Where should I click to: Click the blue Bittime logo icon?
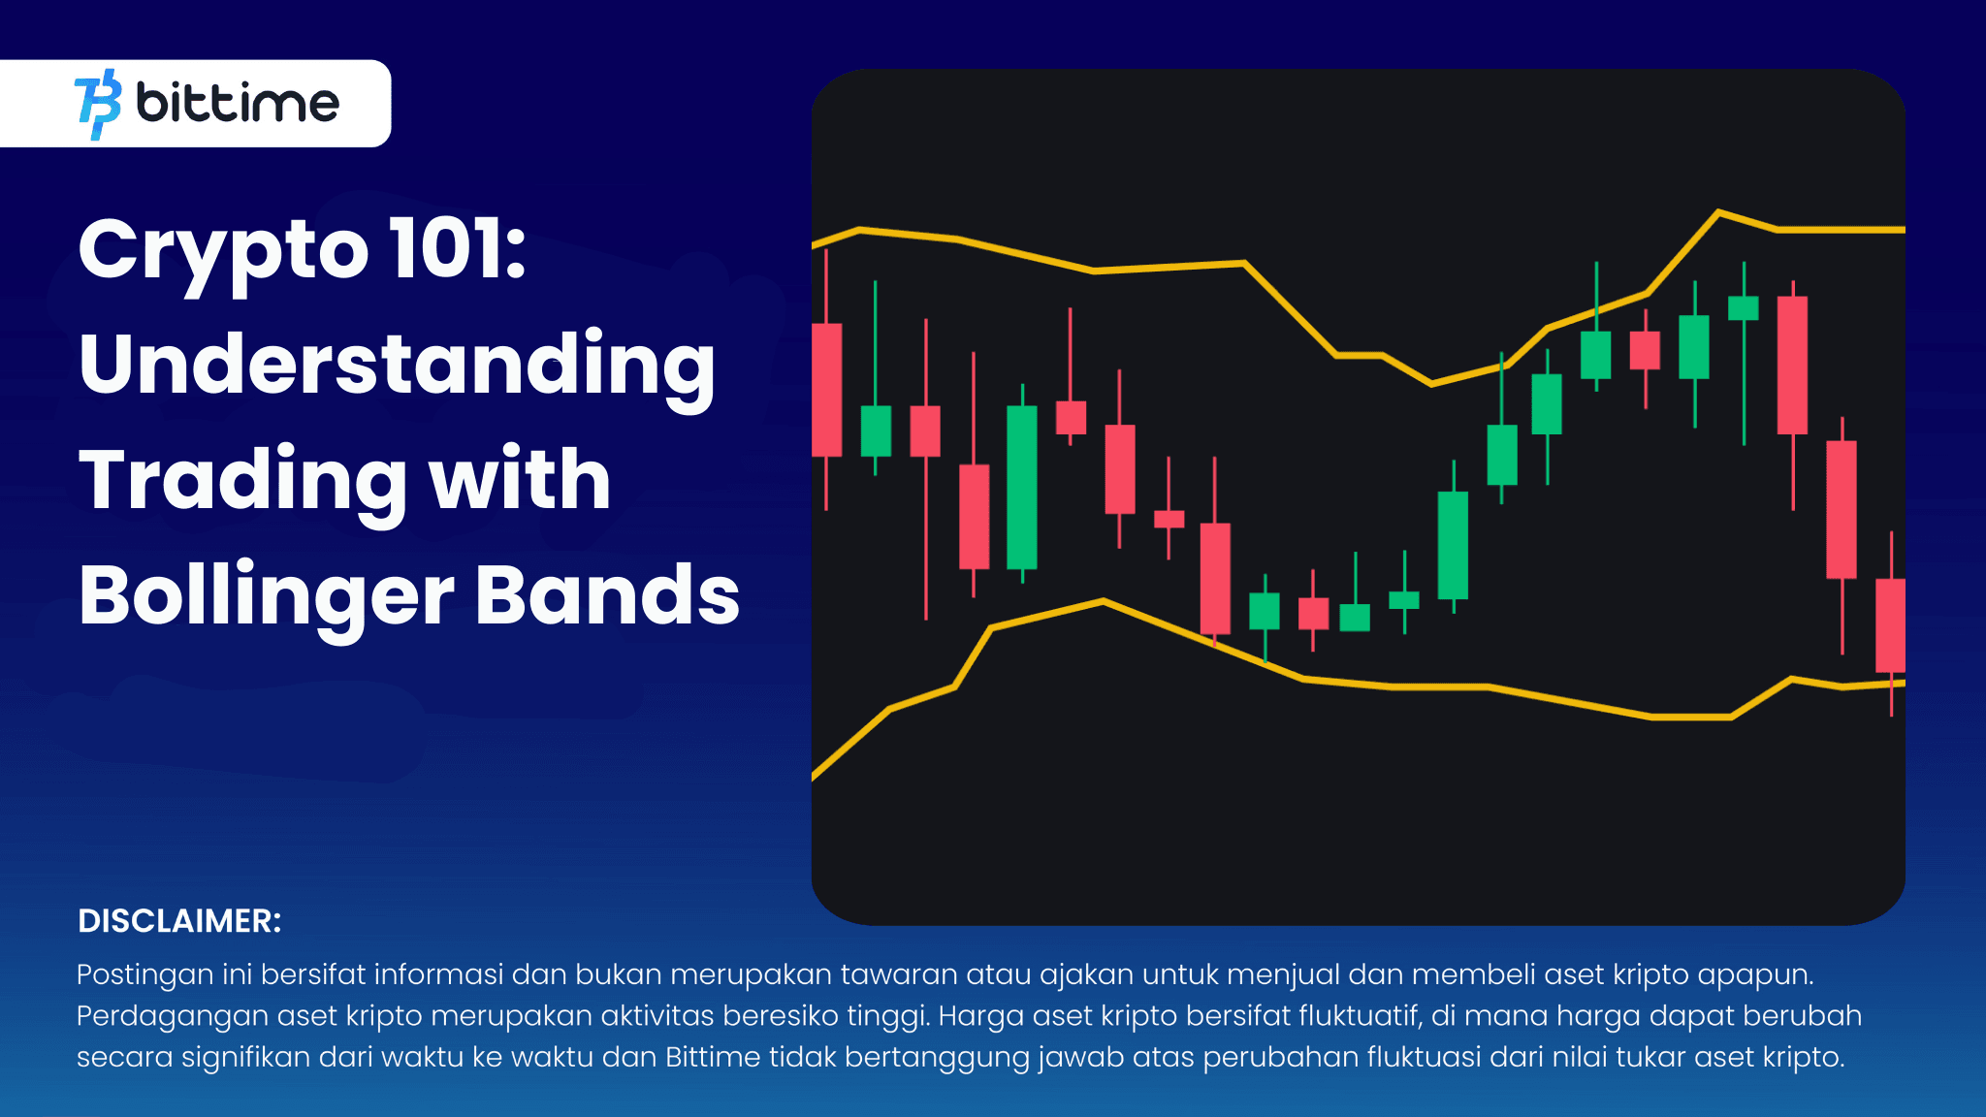tap(98, 104)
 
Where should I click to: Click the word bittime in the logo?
tap(238, 103)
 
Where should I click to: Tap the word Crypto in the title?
tap(223, 250)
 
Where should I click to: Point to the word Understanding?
tap(397, 366)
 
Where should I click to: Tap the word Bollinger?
tap(267, 595)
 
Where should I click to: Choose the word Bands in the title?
tap(608, 595)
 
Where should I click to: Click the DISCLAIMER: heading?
tap(179, 921)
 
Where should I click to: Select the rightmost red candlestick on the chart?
tap(1890, 624)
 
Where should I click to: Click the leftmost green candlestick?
tap(876, 431)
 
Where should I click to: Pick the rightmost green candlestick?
tap(1743, 308)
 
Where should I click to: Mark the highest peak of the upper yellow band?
tap(1718, 211)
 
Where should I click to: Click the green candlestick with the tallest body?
tap(1022, 487)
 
